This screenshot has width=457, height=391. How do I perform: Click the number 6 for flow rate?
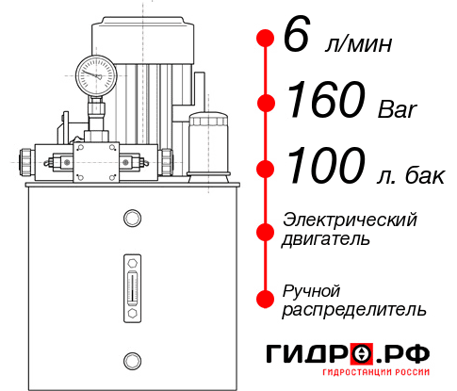tap(296, 38)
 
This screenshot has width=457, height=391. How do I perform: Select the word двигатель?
tap(326, 239)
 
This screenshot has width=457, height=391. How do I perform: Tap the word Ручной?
tap(312, 289)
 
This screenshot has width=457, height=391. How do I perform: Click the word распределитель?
tap(353, 309)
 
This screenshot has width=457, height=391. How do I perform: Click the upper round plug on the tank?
tap(131, 219)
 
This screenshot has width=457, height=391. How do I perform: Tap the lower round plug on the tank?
tap(131, 359)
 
